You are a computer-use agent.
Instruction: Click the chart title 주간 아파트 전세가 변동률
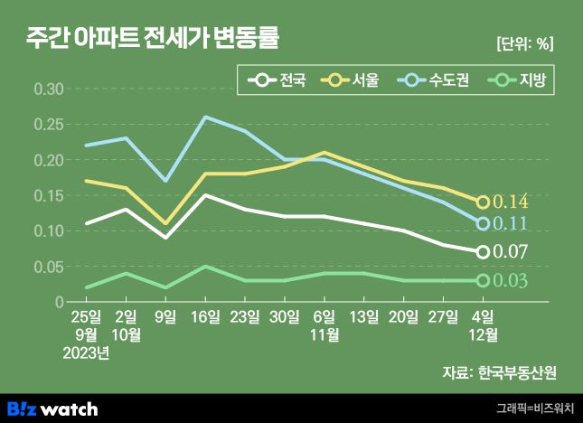coord(152,40)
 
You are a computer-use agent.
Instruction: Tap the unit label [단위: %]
coord(524,43)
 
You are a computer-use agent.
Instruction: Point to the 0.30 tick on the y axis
coord(48,89)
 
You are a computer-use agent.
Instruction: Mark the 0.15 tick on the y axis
coord(48,196)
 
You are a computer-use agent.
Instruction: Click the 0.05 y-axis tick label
coord(48,267)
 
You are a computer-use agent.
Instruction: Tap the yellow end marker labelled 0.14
coord(483,202)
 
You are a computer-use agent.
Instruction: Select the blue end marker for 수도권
coord(483,223)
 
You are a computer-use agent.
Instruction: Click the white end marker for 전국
coord(483,252)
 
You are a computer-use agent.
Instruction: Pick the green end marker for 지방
coord(483,280)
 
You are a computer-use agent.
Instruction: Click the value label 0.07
coord(510,252)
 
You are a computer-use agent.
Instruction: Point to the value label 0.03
coord(510,281)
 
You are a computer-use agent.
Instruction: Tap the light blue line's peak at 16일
coord(205,117)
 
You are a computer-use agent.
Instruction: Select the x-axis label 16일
coord(205,316)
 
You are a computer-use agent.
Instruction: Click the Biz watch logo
coord(52,409)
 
